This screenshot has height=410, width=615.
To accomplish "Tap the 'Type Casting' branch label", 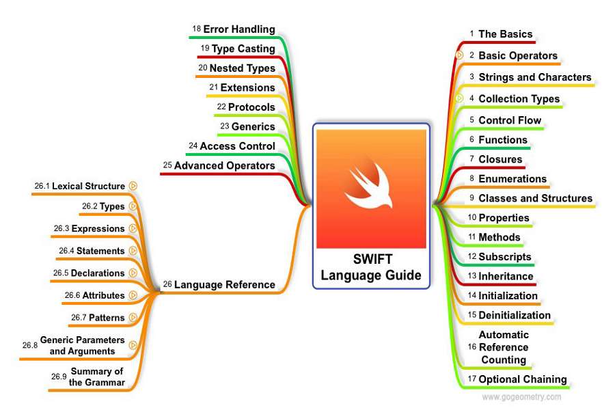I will coord(243,49).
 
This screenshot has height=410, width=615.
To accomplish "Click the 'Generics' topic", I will coord(253,126).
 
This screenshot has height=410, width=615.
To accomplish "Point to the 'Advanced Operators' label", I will coord(224,165).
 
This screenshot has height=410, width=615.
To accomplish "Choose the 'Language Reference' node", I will coord(224,284).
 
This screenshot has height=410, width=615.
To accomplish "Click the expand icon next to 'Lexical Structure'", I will coord(133,185).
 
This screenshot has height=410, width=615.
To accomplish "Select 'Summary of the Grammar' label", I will coord(97,377).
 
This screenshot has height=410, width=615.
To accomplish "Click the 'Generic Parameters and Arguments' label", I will coord(82,345).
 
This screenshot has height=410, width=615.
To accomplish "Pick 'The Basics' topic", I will coord(506,33).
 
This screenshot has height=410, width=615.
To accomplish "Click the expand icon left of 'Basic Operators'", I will coord(460,55).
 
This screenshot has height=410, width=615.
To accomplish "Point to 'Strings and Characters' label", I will coord(534,77).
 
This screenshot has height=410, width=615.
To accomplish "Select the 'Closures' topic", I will coord(500,159).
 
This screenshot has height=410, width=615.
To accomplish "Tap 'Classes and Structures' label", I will coord(535,198).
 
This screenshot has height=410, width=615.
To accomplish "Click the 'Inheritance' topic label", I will coord(506,276).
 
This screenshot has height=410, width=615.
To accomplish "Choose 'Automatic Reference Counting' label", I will coord(504,347).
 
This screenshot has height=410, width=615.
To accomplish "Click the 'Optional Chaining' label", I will coord(522,379).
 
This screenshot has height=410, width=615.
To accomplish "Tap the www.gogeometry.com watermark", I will coord(521,397).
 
